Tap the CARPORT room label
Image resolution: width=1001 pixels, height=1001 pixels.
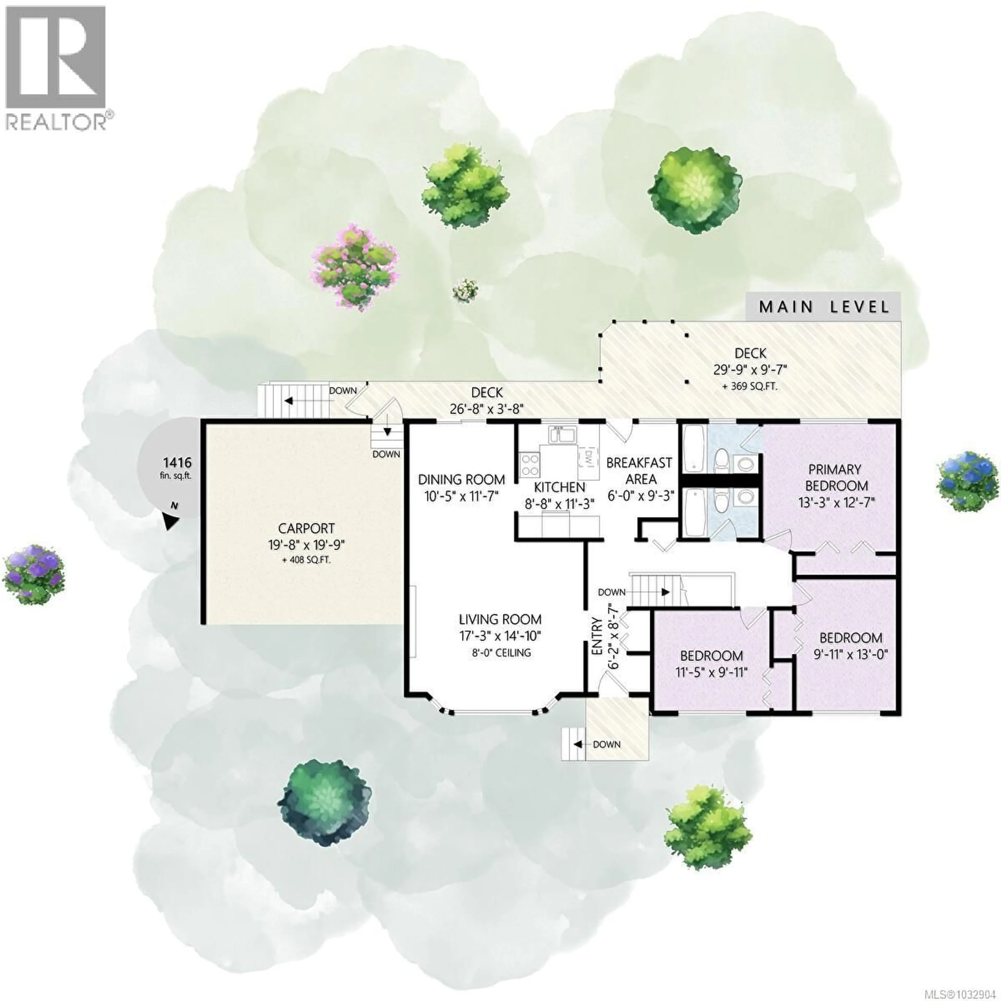pyautogui.click(x=306, y=528)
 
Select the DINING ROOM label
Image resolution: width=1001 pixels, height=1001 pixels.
pyautogui.click(x=461, y=480)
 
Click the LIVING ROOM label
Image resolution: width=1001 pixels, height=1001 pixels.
pyautogui.click(x=500, y=619)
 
